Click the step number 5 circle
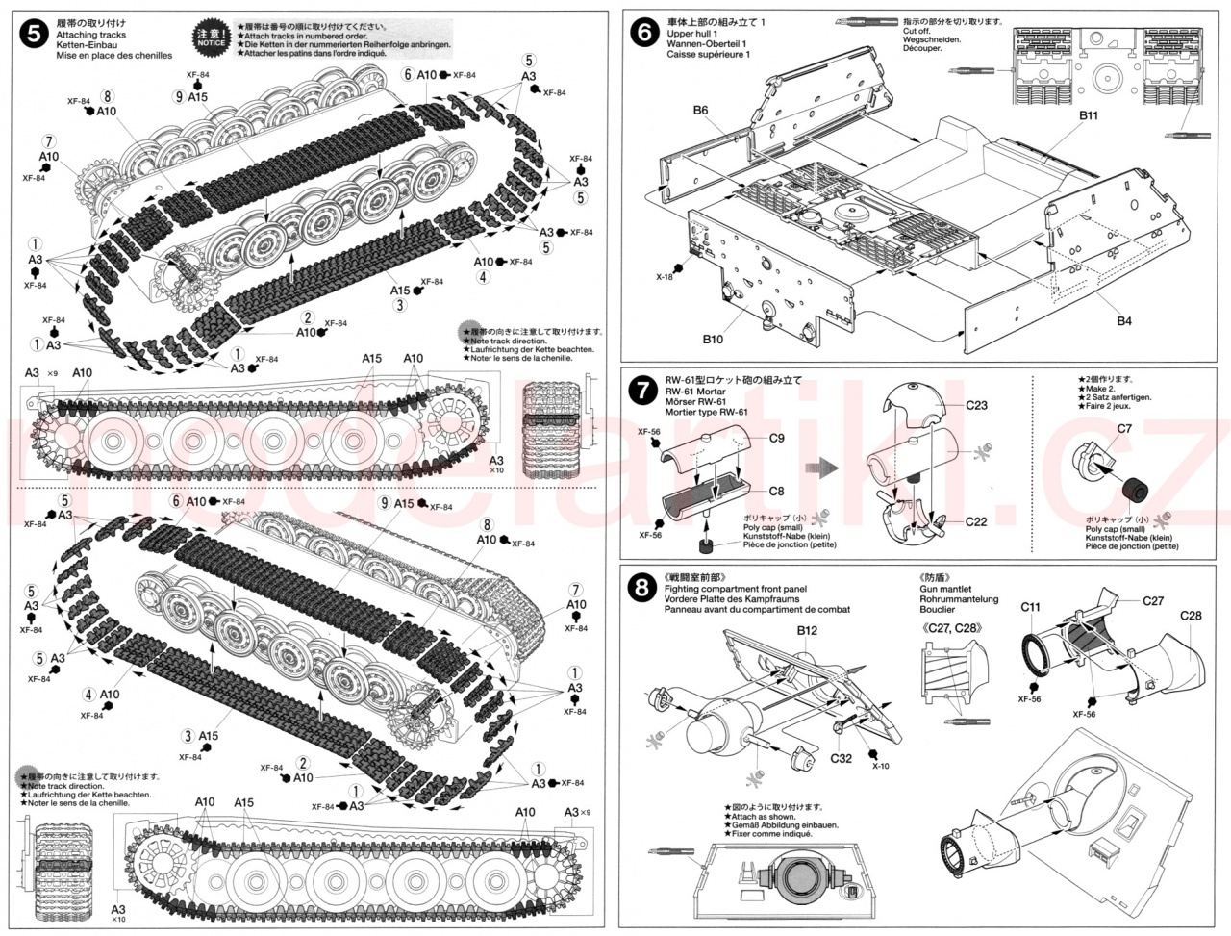[x=36, y=36]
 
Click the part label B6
[x=700, y=111]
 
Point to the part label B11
[x=1088, y=115]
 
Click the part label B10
[x=713, y=339]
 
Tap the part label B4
[x=1124, y=320]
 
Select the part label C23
[x=976, y=405]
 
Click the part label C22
[x=976, y=522]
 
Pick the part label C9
[x=777, y=438]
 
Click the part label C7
[x=1124, y=428]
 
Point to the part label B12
[x=806, y=630]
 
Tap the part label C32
[x=840, y=758]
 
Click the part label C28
[x=1190, y=615]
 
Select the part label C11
[x=1031, y=607]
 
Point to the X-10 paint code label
[x=881, y=766]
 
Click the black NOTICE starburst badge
[x=211, y=37]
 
